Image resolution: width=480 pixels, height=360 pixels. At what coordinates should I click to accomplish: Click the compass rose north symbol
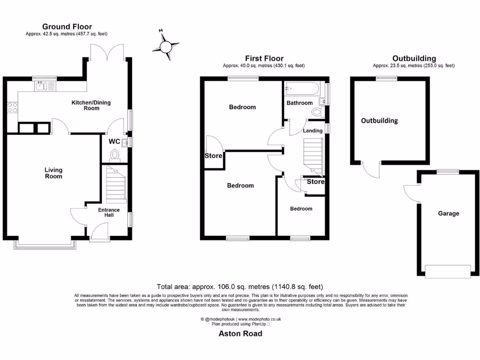click(x=166, y=46)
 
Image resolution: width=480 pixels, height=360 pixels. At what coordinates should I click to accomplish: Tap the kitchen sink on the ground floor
click(x=45, y=86)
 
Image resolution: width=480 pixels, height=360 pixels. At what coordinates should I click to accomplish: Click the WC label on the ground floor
click(x=114, y=141)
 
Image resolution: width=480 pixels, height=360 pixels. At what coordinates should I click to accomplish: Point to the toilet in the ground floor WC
click(x=114, y=155)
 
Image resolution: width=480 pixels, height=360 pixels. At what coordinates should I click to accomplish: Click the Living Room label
click(x=53, y=173)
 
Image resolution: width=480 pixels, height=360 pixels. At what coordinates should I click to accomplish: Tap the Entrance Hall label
click(x=109, y=212)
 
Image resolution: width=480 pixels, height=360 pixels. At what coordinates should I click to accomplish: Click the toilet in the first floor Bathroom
click(x=317, y=112)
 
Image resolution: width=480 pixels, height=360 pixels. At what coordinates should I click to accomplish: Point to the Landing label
click(x=313, y=131)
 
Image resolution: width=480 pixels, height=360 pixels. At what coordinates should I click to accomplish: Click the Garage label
click(x=449, y=213)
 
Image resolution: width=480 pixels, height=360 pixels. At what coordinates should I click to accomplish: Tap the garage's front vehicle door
click(x=447, y=271)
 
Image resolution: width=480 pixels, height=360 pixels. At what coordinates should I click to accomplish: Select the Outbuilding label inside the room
click(x=379, y=120)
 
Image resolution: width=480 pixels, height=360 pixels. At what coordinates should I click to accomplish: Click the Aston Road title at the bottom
click(x=240, y=334)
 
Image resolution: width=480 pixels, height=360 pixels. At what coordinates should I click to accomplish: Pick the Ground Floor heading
click(x=67, y=27)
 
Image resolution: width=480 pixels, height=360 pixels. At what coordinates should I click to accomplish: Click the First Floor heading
click(x=264, y=58)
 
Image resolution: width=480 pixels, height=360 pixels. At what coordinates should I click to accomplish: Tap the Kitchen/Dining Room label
click(x=91, y=105)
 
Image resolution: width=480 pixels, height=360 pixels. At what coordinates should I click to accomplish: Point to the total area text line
click(x=240, y=286)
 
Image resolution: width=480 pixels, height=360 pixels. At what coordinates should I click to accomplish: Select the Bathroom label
click(x=300, y=103)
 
